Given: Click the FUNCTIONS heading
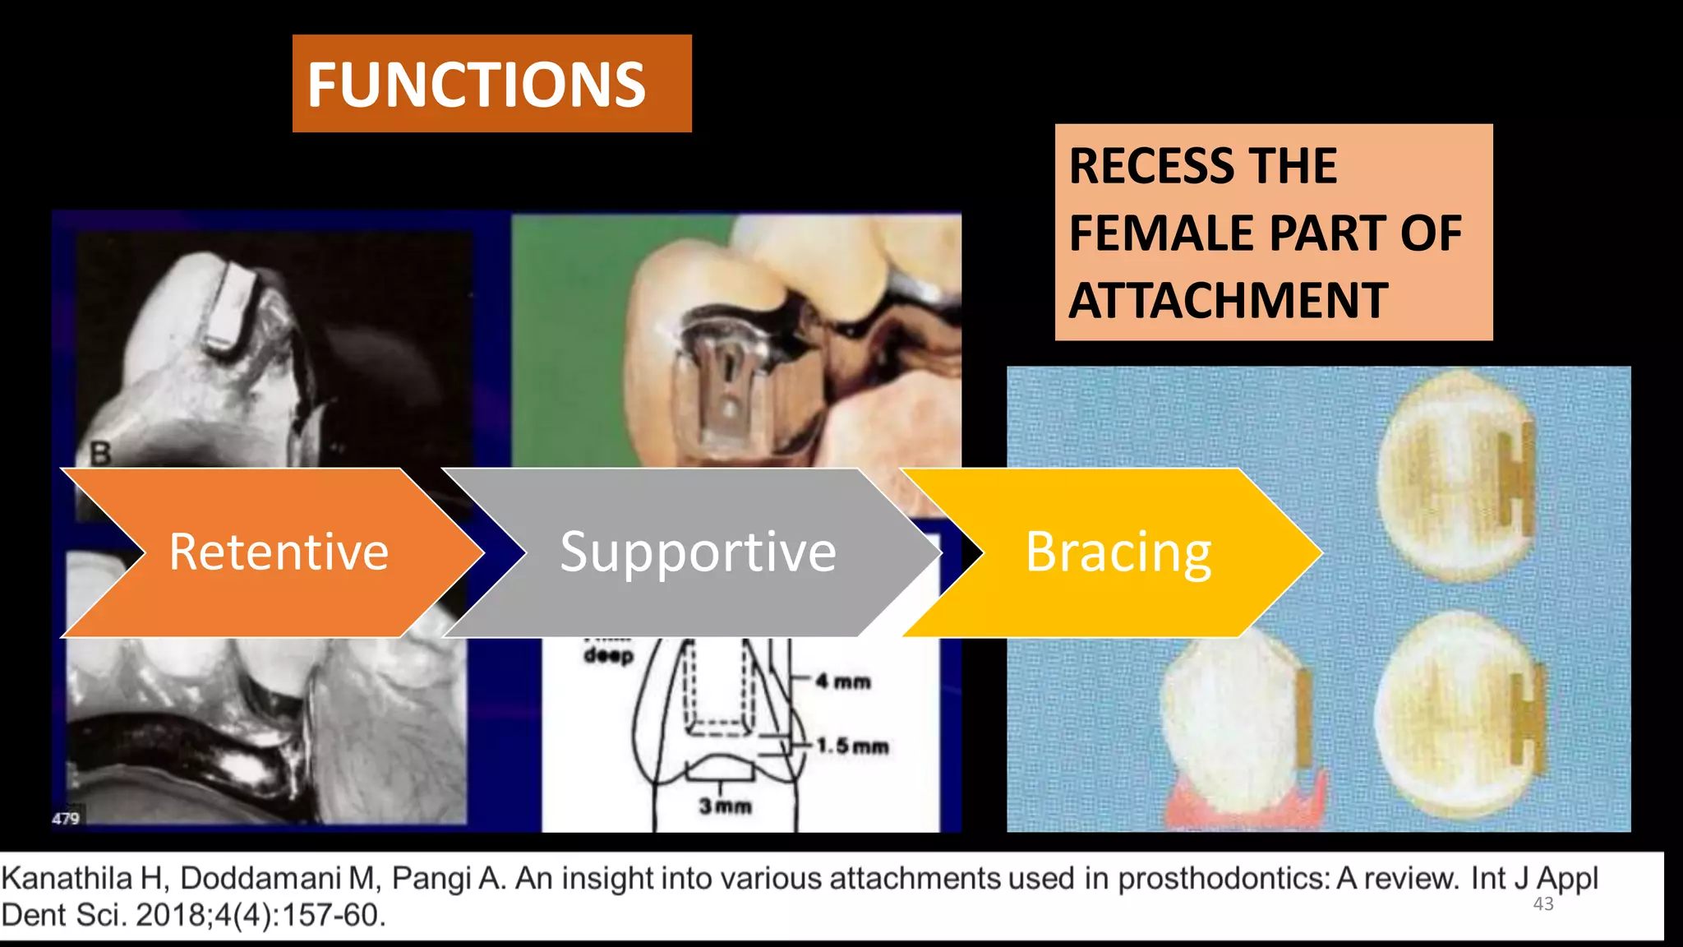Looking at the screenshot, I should coord(477,85).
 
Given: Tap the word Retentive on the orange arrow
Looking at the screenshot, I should coord(279,552).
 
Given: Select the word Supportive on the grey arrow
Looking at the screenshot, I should coord(698,552).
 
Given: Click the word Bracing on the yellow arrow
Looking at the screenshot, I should coord(1118,552).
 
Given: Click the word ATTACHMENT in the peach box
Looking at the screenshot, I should coord(1229,301).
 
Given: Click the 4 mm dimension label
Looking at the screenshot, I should coord(843,681).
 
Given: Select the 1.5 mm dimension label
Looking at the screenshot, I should coord(852,746).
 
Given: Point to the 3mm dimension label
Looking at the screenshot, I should coord(725,806).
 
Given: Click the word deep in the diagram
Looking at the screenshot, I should coord(609,655).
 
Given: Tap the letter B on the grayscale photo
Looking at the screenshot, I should coord(99,453).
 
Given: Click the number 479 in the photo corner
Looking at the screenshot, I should coord(66,818).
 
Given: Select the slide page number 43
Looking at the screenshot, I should coord(1543,904).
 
